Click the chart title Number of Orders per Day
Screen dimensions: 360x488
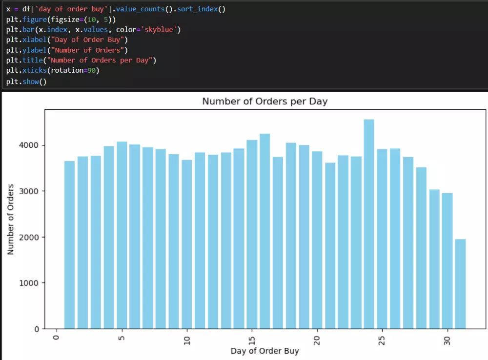(264, 101)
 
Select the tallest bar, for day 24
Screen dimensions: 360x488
(369, 224)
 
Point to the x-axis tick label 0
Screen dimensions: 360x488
(57, 338)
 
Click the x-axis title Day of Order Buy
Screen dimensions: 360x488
(264, 351)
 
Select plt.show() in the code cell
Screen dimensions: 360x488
(26, 81)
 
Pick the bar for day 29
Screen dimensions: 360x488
(434, 259)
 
